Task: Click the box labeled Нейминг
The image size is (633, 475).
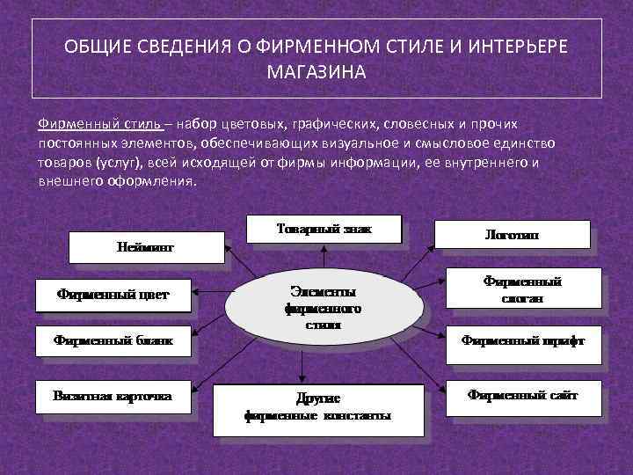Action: tap(146, 247)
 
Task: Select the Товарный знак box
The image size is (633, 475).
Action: tap(324, 229)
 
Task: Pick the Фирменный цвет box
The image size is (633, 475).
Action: tap(113, 295)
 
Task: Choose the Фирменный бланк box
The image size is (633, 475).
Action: tap(113, 340)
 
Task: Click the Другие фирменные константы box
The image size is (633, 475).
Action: tap(317, 408)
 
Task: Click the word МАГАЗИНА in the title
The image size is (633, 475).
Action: tap(316, 71)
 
